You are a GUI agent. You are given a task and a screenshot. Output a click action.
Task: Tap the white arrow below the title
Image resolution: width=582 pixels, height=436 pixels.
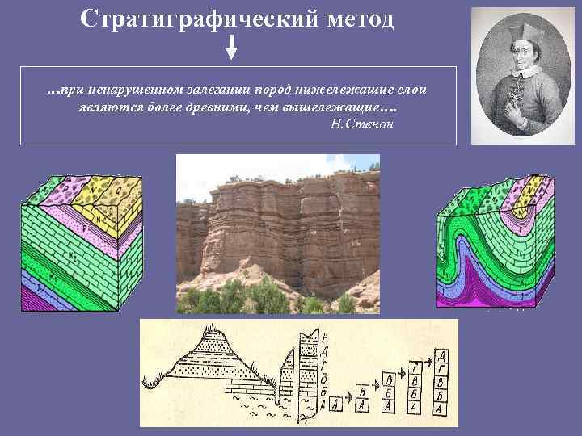(231, 48)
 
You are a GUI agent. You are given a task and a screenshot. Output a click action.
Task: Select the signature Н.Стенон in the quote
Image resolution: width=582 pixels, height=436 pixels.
(362, 124)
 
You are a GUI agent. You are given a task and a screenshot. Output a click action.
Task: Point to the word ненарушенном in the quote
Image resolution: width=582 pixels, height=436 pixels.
(134, 87)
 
